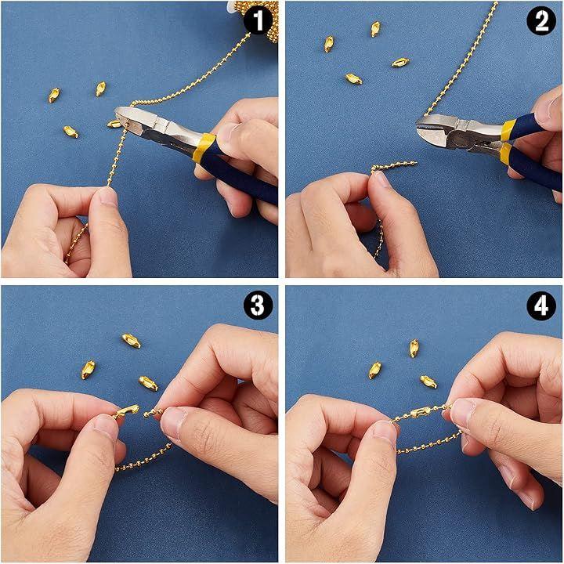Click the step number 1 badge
tap(258, 21)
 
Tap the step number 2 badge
tap(541, 21)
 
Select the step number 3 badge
tap(258, 305)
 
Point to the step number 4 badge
tap(541, 305)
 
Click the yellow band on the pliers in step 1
tap(203, 147)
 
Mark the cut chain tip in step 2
tap(415, 163)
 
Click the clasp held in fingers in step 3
tap(126, 410)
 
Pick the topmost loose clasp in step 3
tap(131, 340)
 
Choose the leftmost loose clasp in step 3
tap(88, 370)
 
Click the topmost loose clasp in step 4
tap(414, 348)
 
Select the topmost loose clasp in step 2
tap(375, 29)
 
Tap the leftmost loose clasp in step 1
tap(54, 96)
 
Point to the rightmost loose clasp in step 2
tap(400, 63)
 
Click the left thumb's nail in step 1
tap(109, 197)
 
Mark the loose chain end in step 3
tap(146, 415)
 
